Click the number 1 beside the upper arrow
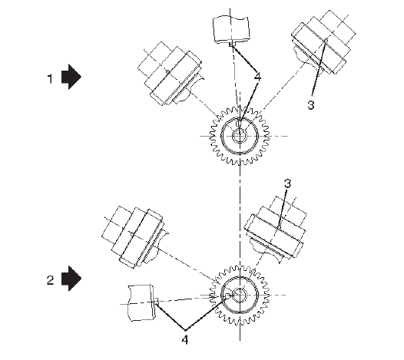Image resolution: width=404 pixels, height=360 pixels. click(x=50, y=78)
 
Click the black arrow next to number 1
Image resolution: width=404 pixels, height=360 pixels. click(x=71, y=77)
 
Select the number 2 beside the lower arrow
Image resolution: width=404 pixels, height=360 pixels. click(x=50, y=280)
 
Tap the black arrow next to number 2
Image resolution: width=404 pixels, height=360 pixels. click(x=71, y=279)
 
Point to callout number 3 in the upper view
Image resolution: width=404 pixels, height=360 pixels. click(x=311, y=105)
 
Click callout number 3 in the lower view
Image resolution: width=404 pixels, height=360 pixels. click(x=287, y=183)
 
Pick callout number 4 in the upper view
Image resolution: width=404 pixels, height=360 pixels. click(x=257, y=77)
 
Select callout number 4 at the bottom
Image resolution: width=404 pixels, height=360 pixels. click(x=185, y=339)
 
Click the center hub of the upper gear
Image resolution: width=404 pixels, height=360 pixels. click(x=240, y=136)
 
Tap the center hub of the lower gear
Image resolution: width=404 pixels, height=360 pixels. click(x=240, y=295)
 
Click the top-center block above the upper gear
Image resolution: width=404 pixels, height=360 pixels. click(x=231, y=29)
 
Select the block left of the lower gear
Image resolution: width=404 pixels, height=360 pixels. click(x=141, y=303)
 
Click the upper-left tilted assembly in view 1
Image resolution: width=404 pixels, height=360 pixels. click(x=171, y=74)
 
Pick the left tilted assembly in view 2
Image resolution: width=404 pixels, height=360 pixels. click(x=134, y=236)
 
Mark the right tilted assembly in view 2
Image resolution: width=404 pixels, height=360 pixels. click(x=277, y=229)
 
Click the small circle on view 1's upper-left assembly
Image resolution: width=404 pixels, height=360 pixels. click(x=167, y=71)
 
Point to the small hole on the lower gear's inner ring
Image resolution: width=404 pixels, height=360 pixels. click(x=228, y=296)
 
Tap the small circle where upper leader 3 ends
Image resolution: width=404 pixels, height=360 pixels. click(x=326, y=40)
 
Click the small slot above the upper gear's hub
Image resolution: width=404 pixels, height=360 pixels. click(x=239, y=124)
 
